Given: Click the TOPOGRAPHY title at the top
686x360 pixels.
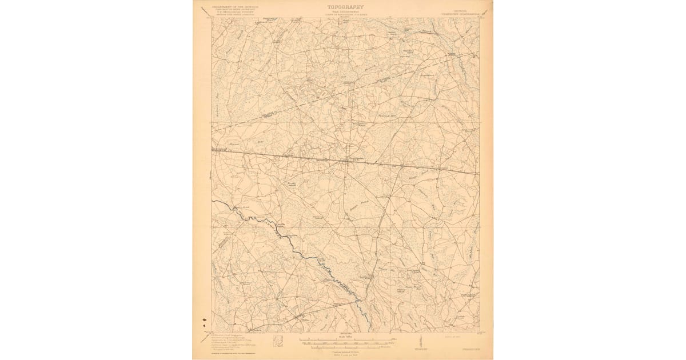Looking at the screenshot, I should coord(345,7).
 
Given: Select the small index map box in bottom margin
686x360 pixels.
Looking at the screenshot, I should coord(280,342).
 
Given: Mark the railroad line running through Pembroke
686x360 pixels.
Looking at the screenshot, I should coord(400,166).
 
